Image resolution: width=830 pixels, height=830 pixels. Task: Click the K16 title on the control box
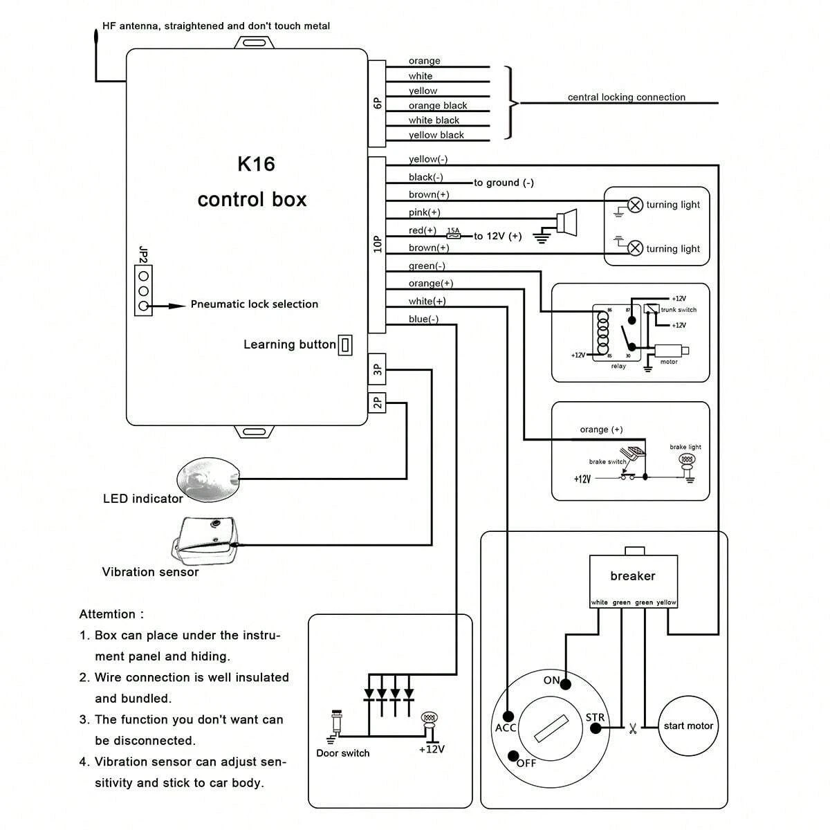[256, 164]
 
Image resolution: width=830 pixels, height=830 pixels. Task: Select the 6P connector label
[377, 103]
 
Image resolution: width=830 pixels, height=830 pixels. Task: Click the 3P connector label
[377, 369]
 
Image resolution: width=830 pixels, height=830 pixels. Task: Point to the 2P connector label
[377, 402]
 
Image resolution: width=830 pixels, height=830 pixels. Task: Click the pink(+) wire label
[424, 212]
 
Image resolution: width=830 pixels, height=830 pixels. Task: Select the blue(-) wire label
[423, 319]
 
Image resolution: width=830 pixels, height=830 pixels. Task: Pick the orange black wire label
[437, 106]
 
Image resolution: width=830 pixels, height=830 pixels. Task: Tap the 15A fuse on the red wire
[454, 235]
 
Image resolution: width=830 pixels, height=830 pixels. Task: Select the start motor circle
[688, 726]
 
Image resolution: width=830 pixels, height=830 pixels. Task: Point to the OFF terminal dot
[513, 755]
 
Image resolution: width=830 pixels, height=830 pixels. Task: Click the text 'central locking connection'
[626, 98]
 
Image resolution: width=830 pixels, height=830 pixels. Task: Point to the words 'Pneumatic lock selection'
[254, 304]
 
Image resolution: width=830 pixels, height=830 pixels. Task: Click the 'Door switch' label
[342, 753]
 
